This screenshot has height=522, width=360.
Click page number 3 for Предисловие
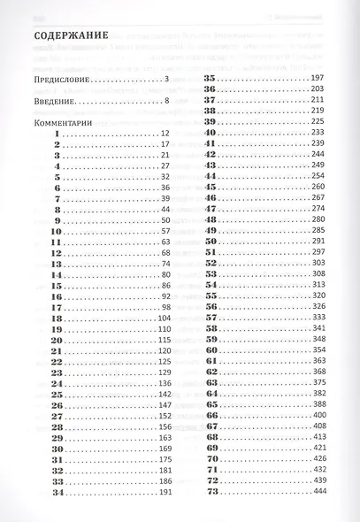165,81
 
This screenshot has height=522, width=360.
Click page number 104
164,318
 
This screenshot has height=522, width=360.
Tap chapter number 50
211,242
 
